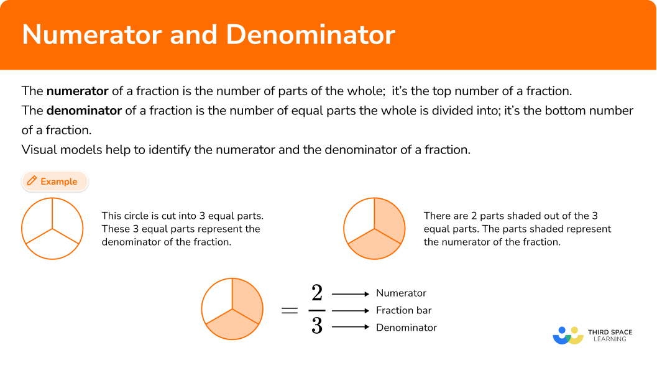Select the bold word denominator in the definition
tap(84, 111)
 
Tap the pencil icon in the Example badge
tap(32, 182)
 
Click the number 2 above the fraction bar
tap(316, 293)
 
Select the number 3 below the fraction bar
tap(316, 326)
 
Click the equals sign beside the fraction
tap(290, 310)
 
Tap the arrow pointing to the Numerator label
tap(351, 293)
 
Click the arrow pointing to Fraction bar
tap(351, 310)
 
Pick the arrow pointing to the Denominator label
tap(351, 328)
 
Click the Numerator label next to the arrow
tap(402, 293)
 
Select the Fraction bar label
tap(403, 310)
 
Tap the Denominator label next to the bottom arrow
tap(407, 328)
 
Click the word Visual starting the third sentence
tap(39, 150)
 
